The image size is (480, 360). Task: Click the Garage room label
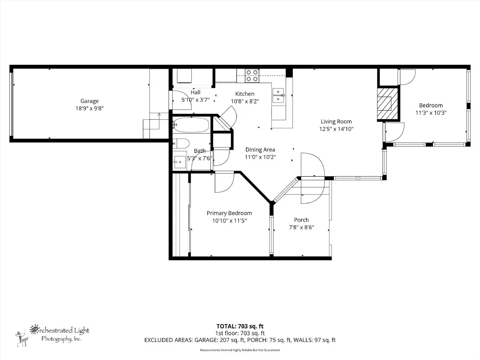pyautogui.click(x=89, y=101)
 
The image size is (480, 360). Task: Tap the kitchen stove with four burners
pyautogui.click(x=252, y=76)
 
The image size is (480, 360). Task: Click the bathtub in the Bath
pyautogui.click(x=191, y=125)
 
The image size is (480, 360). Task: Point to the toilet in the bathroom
pyautogui.click(x=182, y=143)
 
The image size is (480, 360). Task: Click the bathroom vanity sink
pyautogui.click(x=180, y=162)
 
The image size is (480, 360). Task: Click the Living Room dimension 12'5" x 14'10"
pyautogui.click(x=336, y=129)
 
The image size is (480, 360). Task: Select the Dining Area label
pyautogui.click(x=260, y=150)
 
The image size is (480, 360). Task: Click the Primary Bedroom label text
pyautogui.click(x=229, y=213)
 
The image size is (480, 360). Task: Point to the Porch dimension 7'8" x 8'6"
pyautogui.click(x=301, y=227)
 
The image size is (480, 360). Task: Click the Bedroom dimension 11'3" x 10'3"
pyautogui.click(x=431, y=113)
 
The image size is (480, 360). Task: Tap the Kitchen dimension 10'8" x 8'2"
pyautogui.click(x=245, y=101)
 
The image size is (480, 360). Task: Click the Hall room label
pyautogui.click(x=195, y=92)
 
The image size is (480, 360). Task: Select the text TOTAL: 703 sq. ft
pyautogui.click(x=240, y=326)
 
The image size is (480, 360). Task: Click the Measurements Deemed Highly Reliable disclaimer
pyautogui.click(x=240, y=350)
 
